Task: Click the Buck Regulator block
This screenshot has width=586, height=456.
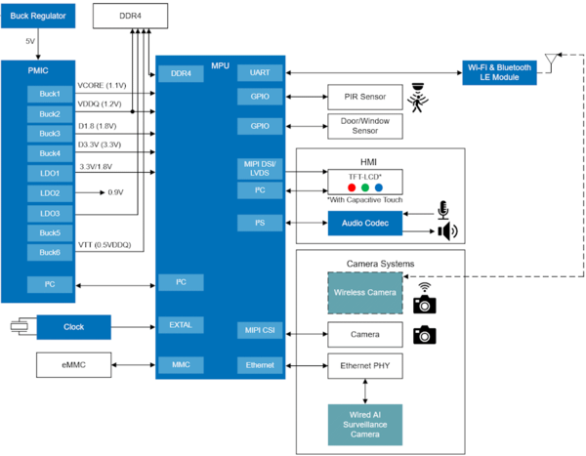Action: (x=38, y=16)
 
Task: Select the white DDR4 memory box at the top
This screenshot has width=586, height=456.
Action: (x=130, y=16)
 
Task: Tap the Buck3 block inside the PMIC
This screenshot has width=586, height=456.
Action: (x=50, y=134)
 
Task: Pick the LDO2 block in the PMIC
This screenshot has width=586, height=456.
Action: (x=50, y=193)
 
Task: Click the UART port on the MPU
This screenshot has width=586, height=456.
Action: (x=260, y=72)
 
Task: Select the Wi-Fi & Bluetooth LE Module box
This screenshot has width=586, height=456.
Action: (x=499, y=72)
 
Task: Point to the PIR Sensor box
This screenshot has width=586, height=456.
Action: (x=365, y=97)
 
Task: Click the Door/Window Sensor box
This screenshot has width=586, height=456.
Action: (x=365, y=126)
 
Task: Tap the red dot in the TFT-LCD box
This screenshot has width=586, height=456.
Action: (x=352, y=187)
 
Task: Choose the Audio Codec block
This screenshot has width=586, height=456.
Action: (x=365, y=224)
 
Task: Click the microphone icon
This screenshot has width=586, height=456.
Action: (x=442, y=210)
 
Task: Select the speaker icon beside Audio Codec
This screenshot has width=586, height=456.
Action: (x=447, y=231)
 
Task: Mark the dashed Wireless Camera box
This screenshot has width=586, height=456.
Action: (x=365, y=293)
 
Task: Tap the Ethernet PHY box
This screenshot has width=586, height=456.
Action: (x=365, y=366)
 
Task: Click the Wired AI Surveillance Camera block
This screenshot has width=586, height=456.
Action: (x=365, y=425)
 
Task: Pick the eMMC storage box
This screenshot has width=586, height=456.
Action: (x=73, y=365)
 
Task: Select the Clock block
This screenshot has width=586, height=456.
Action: (x=73, y=327)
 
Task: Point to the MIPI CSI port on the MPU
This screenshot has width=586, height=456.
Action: (x=260, y=330)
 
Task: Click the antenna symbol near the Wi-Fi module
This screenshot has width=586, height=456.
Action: (x=551, y=62)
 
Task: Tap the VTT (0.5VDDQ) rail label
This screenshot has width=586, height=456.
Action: (x=105, y=245)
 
